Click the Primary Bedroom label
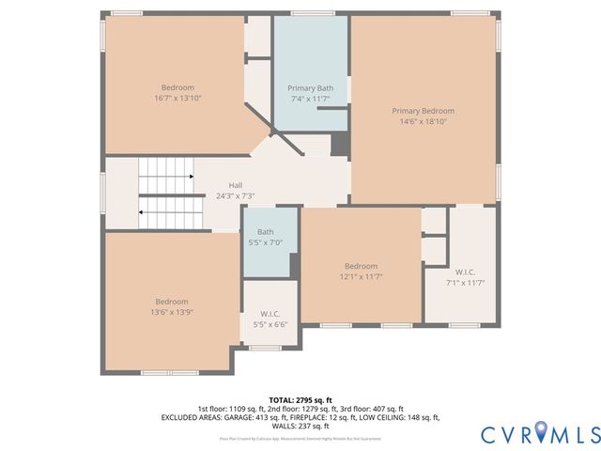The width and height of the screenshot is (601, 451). (x=423, y=111)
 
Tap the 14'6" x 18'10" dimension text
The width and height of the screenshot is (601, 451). (x=423, y=121)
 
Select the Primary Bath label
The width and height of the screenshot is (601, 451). (x=310, y=88)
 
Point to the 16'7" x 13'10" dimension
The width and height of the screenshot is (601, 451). (x=177, y=98)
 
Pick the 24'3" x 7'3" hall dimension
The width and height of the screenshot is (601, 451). (x=236, y=195)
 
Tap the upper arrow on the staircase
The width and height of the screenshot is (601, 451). (x=191, y=176)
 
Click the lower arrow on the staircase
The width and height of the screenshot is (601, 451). (x=141, y=213)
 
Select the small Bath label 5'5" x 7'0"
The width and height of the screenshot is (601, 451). (x=266, y=232)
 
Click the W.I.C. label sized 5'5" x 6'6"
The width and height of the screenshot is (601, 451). (x=270, y=314)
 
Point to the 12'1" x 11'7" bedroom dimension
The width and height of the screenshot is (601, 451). (x=361, y=276)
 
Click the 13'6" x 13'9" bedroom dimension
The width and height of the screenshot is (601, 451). (x=172, y=312)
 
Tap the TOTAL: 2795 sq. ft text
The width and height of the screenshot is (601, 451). (x=300, y=399)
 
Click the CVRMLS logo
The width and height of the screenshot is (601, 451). (x=540, y=433)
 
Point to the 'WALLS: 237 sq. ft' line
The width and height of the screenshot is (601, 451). (x=300, y=425)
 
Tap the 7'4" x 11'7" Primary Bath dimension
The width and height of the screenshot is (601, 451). (x=310, y=99)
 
